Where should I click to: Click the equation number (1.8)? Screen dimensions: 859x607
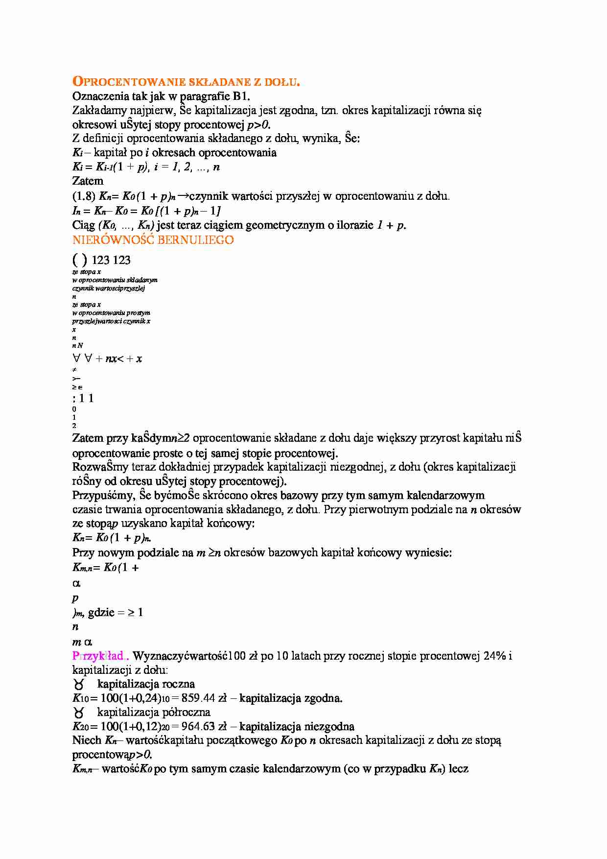click(x=83, y=196)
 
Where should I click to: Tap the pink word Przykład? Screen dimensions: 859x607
click(x=99, y=656)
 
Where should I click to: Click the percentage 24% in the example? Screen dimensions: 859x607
click(x=494, y=656)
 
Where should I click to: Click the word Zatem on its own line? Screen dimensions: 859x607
click(x=88, y=181)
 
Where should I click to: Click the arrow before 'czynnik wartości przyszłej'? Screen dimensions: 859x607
click(x=183, y=196)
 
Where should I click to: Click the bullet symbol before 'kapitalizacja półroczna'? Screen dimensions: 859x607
click(x=79, y=713)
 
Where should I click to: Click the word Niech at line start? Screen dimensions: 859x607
click(x=87, y=740)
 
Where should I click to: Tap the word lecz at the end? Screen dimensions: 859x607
click(x=458, y=769)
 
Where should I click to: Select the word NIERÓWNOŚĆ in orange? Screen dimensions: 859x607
click(x=113, y=240)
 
